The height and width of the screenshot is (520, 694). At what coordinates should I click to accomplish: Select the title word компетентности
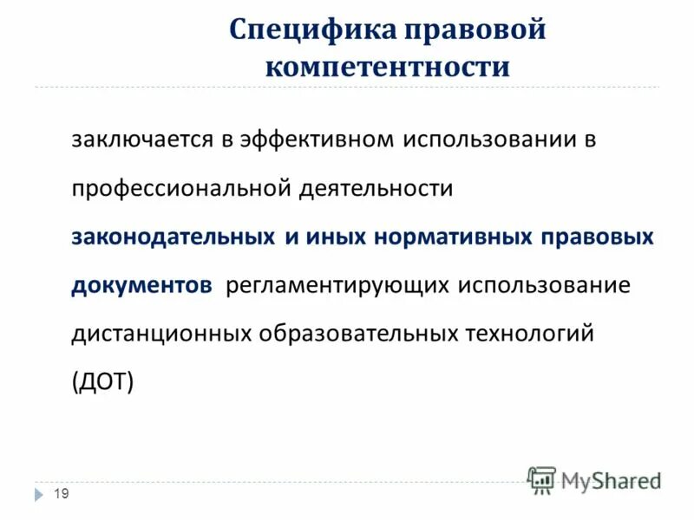coord(387,67)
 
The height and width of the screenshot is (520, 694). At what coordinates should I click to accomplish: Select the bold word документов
coord(141,286)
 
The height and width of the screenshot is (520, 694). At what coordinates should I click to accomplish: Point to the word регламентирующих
coord(337,286)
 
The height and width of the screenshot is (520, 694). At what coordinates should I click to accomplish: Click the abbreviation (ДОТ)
coord(103,383)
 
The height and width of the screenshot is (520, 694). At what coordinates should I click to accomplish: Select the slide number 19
coord(61,494)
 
